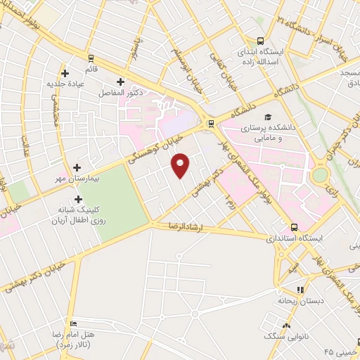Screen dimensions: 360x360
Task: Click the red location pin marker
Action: pyautogui.click(x=181, y=165)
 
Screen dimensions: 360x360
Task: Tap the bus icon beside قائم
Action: pyautogui.click(x=91, y=58)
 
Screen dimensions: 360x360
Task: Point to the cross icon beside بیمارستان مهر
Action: pyautogui.click(x=77, y=167)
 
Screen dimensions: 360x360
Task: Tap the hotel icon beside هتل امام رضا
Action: pyautogui.click(x=74, y=323)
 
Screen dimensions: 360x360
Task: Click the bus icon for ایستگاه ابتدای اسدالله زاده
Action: pyautogui.click(x=261, y=41)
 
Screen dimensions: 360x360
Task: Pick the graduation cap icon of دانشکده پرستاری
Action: pyautogui.click(x=268, y=117)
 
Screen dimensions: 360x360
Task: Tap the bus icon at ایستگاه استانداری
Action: pyautogui.click(x=294, y=227)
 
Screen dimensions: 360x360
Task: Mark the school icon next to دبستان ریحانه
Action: pyautogui.click(x=300, y=289)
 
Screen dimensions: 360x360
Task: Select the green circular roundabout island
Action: pyautogui.click(x=321, y=174)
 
